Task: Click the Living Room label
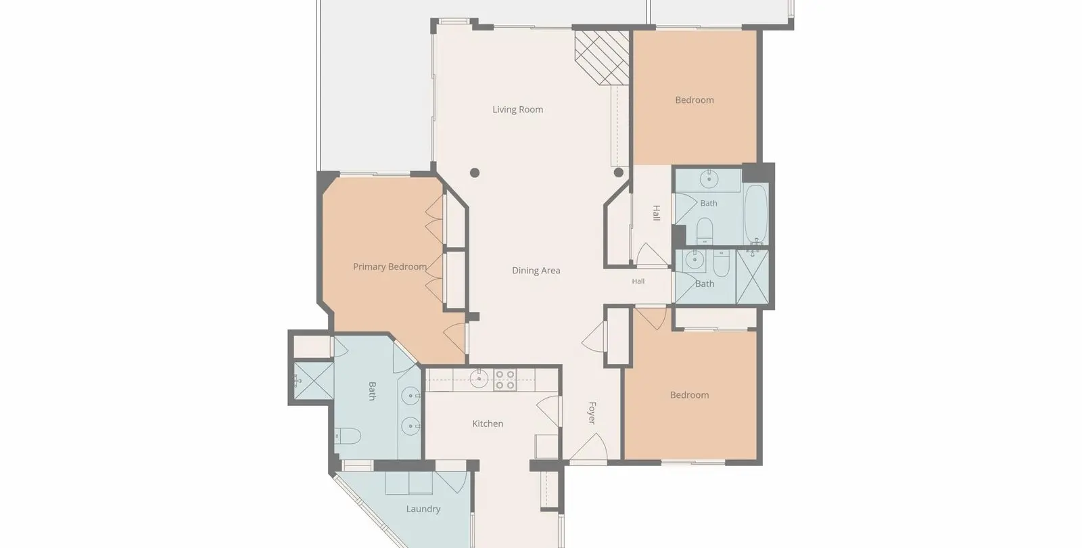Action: (517, 110)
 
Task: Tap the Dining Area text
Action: (536, 271)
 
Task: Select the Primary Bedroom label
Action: (390, 267)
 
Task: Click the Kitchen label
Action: (488, 424)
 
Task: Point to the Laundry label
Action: (423, 509)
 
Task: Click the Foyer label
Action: (592, 413)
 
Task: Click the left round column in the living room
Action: (475, 173)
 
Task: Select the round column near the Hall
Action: (618, 173)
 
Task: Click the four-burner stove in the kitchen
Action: (504, 380)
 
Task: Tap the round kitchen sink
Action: (479, 380)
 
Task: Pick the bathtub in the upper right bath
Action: (756, 214)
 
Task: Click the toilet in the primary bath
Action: (348, 436)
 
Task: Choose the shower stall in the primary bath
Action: (313, 380)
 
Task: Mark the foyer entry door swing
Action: (588, 447)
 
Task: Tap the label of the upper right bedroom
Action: (694, 100)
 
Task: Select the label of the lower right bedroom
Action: (689, 395)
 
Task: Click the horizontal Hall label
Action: (638, 281)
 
